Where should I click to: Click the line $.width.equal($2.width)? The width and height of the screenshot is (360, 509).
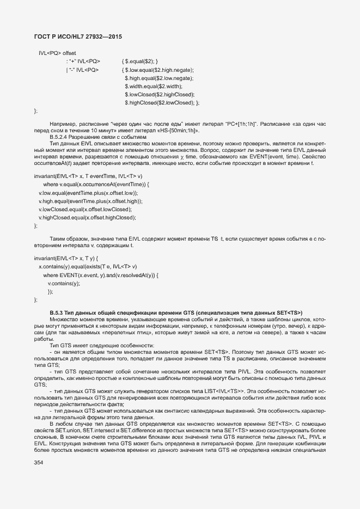(154, 86)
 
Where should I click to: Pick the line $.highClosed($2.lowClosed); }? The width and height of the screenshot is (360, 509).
(162, 102)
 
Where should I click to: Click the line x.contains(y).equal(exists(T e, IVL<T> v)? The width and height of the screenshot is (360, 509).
(91, 267)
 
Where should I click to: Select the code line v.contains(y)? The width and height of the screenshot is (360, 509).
(64, 283)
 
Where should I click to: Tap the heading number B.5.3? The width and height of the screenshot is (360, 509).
(57, 312)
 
